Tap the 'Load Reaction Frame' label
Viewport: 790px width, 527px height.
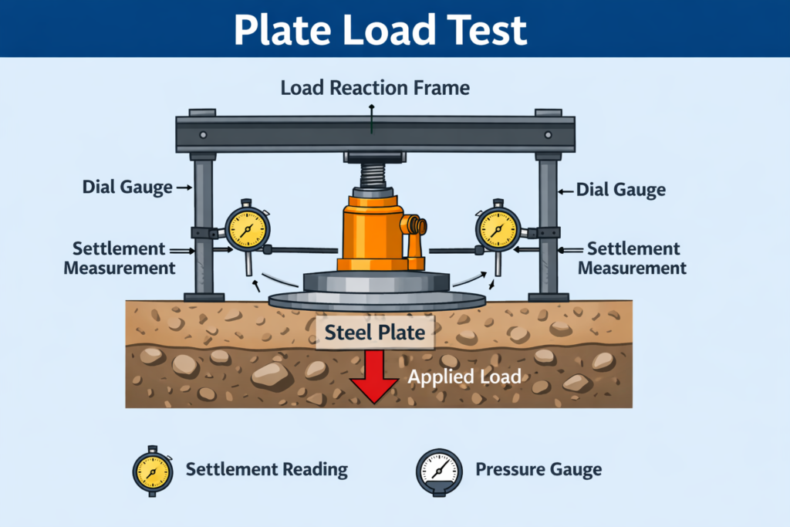click(x=375, y=88)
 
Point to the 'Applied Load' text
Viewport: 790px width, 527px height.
click(x=464, y=377)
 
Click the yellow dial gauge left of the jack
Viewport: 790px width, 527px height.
click(x=247, y=229)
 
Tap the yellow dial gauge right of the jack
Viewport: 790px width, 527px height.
click(x=498, y=229)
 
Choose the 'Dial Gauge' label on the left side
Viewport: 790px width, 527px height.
click(x=127, y=187)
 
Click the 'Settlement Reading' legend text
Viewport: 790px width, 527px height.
click(x=267, y=469)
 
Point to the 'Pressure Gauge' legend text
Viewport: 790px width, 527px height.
click(x=538, y=469)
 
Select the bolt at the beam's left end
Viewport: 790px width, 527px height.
click(x=203, y=134)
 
